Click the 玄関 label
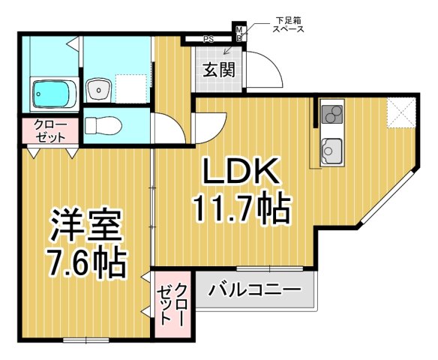(220, 70)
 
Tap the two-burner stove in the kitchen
(331, 115)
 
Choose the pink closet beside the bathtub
(49, 130)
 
